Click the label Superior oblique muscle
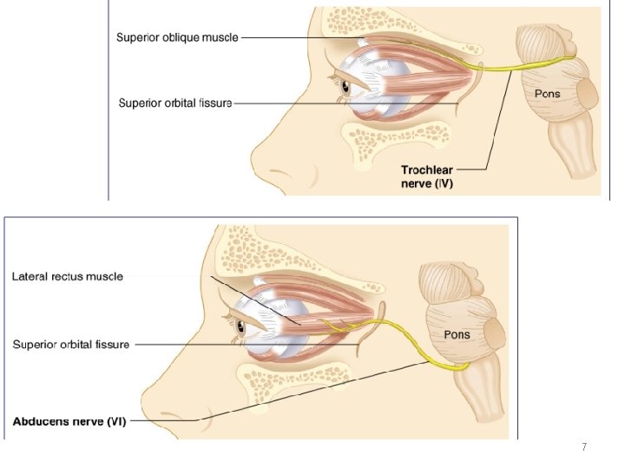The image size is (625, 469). pos(177,37)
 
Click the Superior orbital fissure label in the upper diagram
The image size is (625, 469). pos(175,103)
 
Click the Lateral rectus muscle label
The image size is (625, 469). pos(68,277)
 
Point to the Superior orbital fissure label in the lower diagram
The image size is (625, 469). pos(71,344)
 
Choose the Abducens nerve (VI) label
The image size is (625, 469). pos(69,422)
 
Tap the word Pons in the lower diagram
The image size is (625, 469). pos(457,334)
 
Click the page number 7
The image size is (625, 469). pos(584,447)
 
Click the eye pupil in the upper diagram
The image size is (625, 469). pos(345,87)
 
